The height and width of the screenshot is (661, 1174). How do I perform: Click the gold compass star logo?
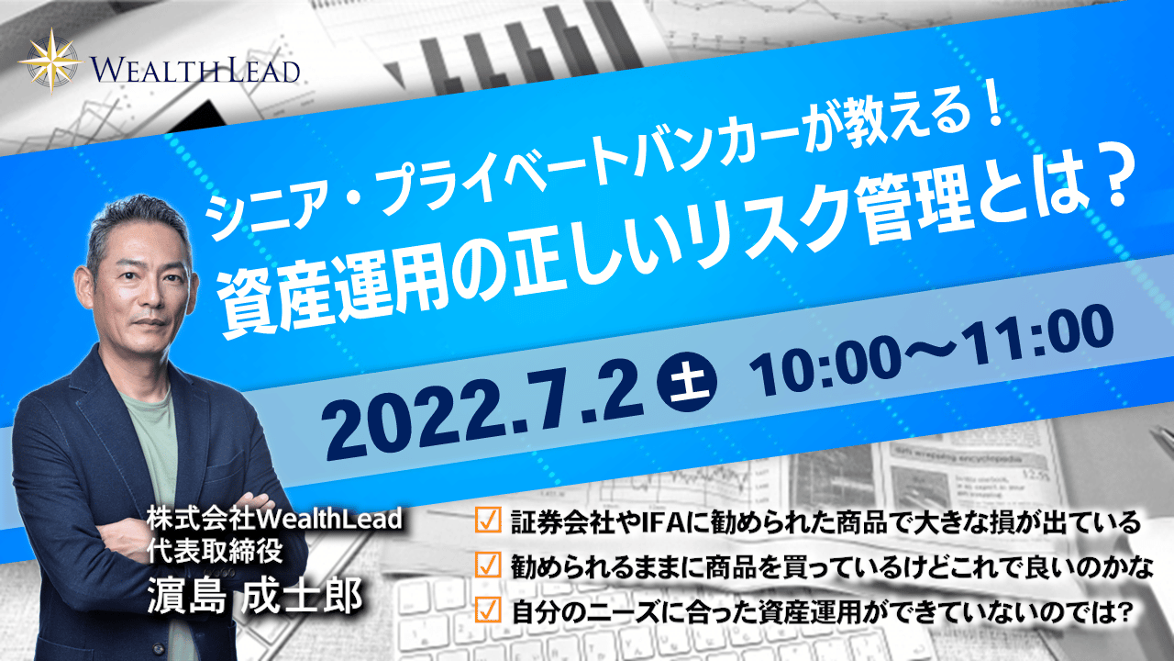[50, 61]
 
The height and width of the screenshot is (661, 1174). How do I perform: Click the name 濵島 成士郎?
[255, 597]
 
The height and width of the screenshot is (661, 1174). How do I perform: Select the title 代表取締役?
[215, 552]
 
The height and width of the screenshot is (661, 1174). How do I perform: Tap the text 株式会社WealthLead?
[274, 520]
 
